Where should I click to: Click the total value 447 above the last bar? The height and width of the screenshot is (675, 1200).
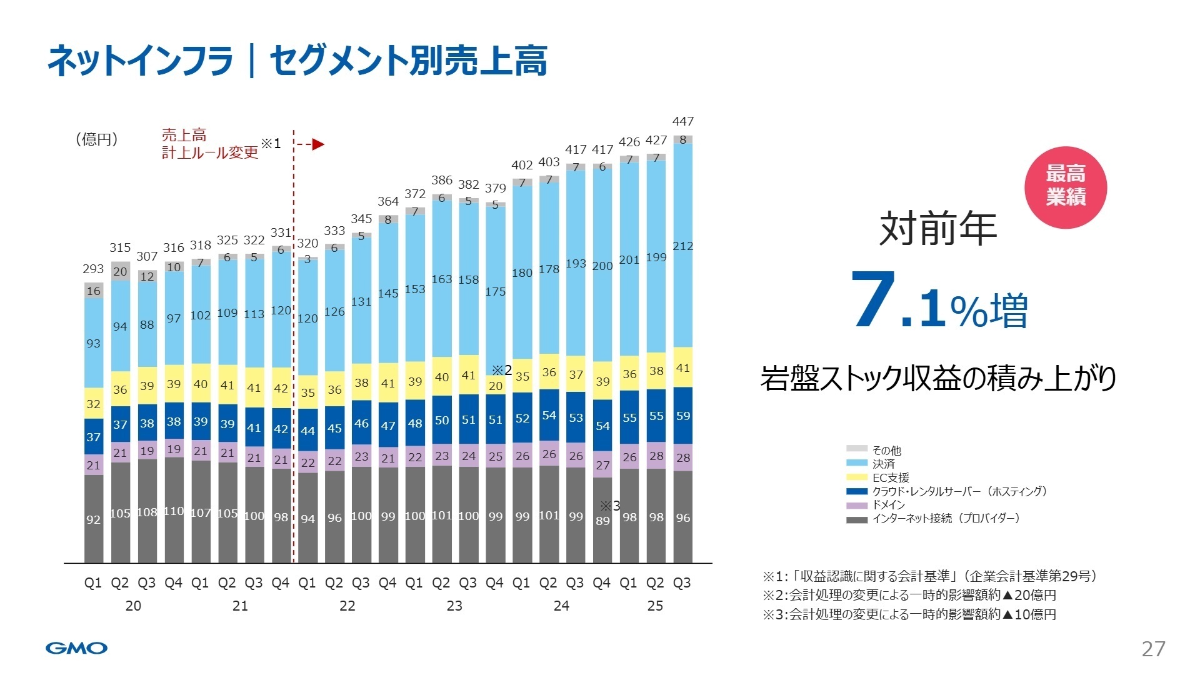coord(682,121)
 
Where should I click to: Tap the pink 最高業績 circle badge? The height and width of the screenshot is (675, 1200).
coord(1066,187)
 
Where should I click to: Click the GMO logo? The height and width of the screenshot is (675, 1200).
coord(76,648)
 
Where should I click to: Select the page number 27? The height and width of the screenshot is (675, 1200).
coord(1153,649)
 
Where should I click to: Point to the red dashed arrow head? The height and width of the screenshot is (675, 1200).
coord(318,144)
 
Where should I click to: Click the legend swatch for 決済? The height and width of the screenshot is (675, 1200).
coord(857,464)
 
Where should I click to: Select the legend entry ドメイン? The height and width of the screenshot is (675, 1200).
coord(888,505)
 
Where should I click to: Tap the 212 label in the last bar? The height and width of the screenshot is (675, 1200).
coord(682,246)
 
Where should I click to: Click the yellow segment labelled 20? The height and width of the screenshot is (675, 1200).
coord(496,386)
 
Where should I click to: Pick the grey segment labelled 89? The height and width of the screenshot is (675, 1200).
coord(602,521)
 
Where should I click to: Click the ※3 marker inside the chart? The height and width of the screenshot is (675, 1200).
coord(610,506)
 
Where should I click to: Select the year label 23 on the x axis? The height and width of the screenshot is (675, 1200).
coord(454,606)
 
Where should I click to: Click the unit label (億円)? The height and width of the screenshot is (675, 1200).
coord(97,139)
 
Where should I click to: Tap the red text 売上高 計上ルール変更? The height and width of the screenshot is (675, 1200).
coord(209,144)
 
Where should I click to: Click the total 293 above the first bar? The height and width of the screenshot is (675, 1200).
coord(93,269)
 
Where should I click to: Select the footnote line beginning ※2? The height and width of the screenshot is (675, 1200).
coord(909,595)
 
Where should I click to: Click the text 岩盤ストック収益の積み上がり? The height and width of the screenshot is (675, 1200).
coord(938,379)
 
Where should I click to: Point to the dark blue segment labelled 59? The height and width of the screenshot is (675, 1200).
coord(682,416)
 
